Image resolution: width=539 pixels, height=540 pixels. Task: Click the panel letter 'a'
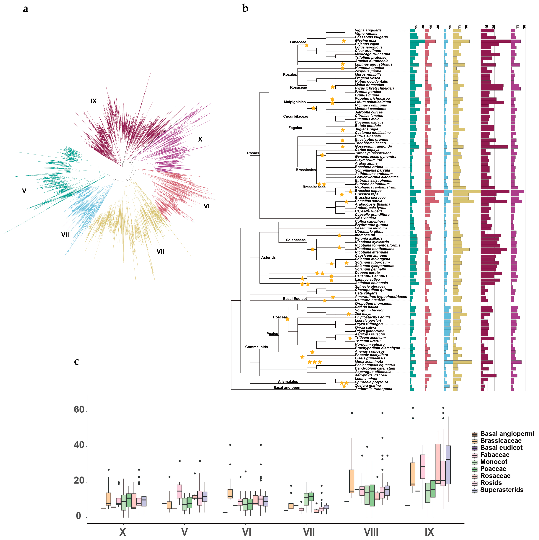pyautogui.click(x=25, y=9)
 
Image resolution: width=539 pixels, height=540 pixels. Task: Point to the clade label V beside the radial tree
pyautogui.click(x=24, y=191)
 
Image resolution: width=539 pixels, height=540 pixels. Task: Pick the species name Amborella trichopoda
pyautogui.click(x=373, y=389)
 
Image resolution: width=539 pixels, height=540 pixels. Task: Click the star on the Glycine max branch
pyautogui.click(x=344, y=41)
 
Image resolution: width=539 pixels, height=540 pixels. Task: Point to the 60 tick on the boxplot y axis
pyautogui.click(x=79, y=410)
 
